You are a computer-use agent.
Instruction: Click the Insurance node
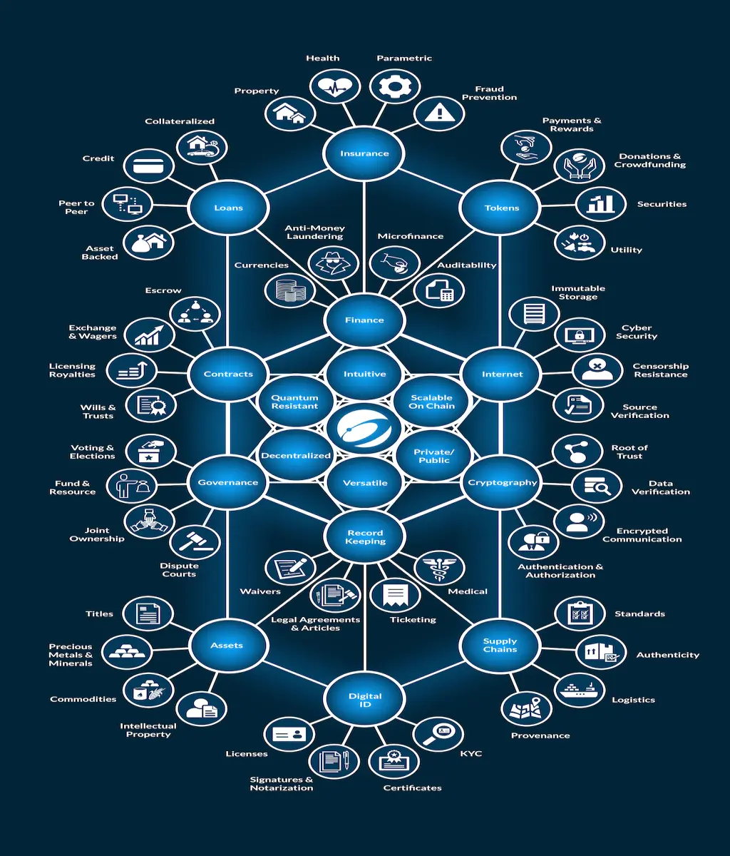pyautogui.click(x=364, y=153)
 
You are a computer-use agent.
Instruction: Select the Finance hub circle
pyautogui.click(x=364, y=320)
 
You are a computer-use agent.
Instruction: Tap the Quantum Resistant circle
pyautogui.click(x=294, y=402)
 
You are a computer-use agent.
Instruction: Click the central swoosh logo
pyautogui.click(x=364, y=429)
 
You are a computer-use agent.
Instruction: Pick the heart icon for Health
pyautogui.click(x=335, y=86)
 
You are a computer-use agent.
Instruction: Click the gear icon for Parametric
pyautogui.click(x=395, y=86)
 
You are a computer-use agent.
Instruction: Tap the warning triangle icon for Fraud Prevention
pyautogui.click(x=439, y=113)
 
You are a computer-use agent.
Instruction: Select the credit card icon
pyautogui.click(x=148, y=166)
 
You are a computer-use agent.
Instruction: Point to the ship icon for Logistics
pyautogui.click(x=580, y=690)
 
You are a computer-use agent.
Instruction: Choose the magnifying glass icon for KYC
pyautogui.click(x=438, y=734)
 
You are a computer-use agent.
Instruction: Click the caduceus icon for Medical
pyautogui.click(x=439, y=568)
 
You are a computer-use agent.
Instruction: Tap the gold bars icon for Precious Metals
pyautogui.click(x=127, y=652)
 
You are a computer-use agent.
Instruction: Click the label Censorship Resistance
pyautogui.click(x=660, y=370)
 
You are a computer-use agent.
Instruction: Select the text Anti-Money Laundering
pyautogui.click(x=315, y=232)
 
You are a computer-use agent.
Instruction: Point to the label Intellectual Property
pyautogui.click(x=148, y=730)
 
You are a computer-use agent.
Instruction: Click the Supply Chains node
pyautogui.click(x=500, y=645)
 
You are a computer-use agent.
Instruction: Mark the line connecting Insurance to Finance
pyautogui.click(x=364, y=237)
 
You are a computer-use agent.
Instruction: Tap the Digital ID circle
pyautogui.click(x=364, y=700)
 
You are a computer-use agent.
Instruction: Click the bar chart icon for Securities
pyautogui.click(x=601, y=204)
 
